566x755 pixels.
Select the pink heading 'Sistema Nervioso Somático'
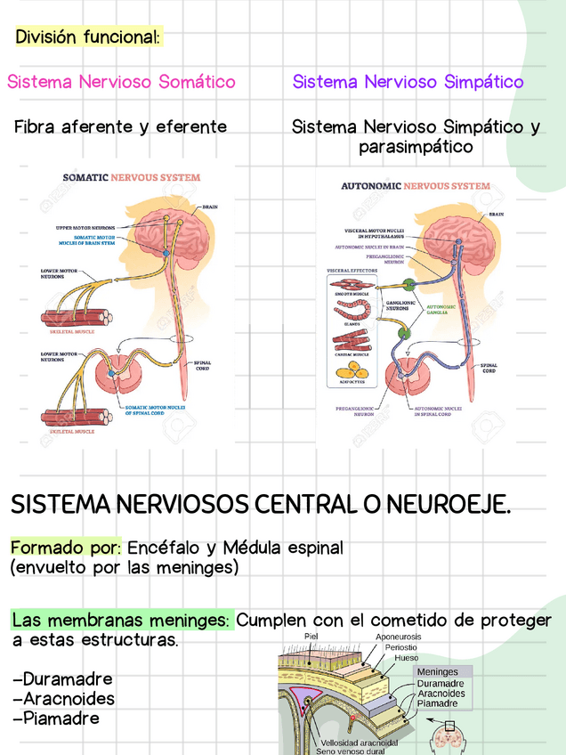(x=121, y=82)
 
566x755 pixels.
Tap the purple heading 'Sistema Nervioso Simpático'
(x=408, y=82)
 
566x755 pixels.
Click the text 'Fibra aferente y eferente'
(x=120, y=127)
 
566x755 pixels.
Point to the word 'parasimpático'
(x=416, y=147)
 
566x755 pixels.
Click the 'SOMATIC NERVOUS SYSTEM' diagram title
(x=131, y=177)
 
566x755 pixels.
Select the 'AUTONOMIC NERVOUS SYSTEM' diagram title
(x=415, y=186)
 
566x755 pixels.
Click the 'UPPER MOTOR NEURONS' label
(x=85, y=228)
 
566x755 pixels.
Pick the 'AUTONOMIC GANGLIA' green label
(x=440, y=310)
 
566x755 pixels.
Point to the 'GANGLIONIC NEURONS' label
(x=397, y=304)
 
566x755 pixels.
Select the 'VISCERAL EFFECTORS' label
(x=352, y=270)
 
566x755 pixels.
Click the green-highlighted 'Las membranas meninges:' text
(x=122, y=620)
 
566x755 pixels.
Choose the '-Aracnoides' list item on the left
(x=63, y=699)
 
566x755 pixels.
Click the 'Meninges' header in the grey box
(x=438, y=672)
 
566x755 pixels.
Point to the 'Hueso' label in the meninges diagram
(x=407, y=658)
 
